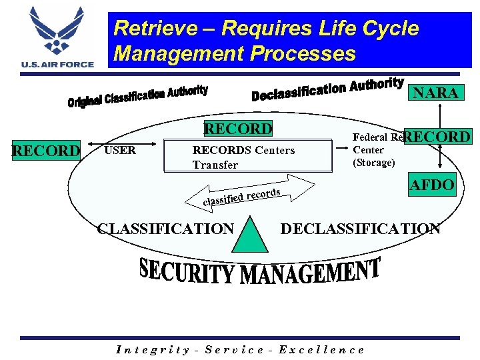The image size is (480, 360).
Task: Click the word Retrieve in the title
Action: click(x=155, y=29)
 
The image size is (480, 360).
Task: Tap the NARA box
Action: click(x=436, y=93)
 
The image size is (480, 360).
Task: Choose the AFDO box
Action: click(x=431, y=185)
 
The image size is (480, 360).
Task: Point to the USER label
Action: click(x=120, y=150)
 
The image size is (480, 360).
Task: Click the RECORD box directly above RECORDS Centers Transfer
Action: click(x=238, y=129)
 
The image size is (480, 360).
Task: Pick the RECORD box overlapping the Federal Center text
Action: click(x=437, y=137)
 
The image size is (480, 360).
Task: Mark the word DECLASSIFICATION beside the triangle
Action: click(x=360, y=229)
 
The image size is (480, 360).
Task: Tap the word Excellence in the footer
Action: click(x=321, y=349)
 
